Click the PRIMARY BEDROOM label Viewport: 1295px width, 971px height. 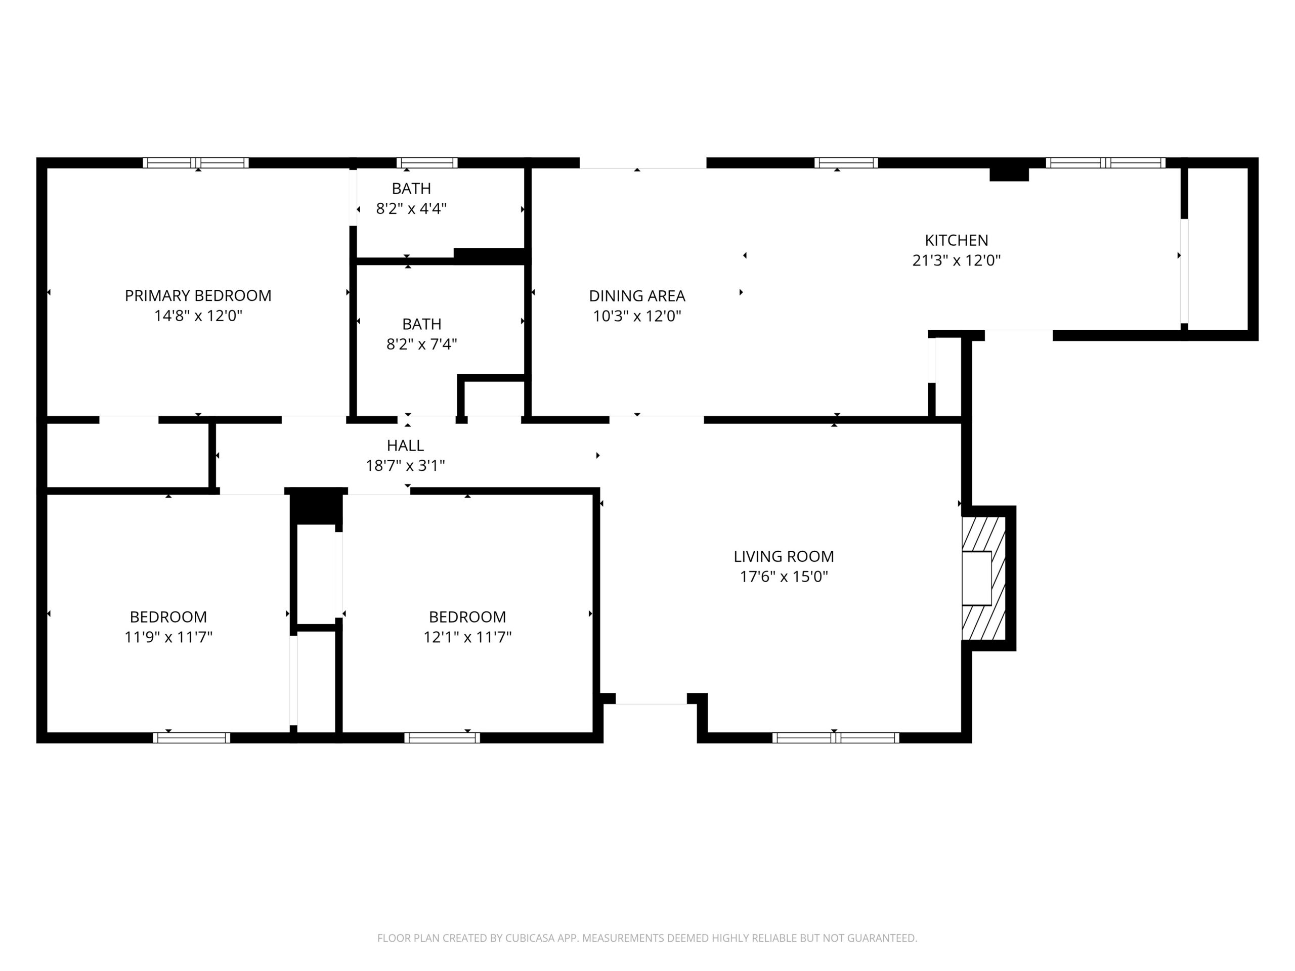pos(198,295)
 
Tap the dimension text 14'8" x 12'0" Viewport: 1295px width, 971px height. pos(198,316)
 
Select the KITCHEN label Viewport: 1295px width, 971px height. pos(956,240)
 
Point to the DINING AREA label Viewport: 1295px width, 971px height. pos(637,295)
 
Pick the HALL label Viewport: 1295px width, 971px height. pos(405,446)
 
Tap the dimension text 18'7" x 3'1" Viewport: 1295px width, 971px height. pos(405,466)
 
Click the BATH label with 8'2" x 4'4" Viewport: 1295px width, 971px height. pos(411,189)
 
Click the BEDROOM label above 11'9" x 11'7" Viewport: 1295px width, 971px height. pos(168,617)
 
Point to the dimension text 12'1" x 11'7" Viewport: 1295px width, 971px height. pos(467,637)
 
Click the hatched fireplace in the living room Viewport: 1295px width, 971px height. pos(983,578)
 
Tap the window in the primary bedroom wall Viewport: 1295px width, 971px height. pos(196,163)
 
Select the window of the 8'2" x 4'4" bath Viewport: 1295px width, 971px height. pos(427,163)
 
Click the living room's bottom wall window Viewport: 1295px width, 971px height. pos(836,738)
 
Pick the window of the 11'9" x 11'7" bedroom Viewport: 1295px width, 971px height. pos(191,738)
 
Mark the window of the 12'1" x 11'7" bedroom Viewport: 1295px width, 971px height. pos(442,738)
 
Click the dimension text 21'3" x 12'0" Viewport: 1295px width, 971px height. pos(956,260)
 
